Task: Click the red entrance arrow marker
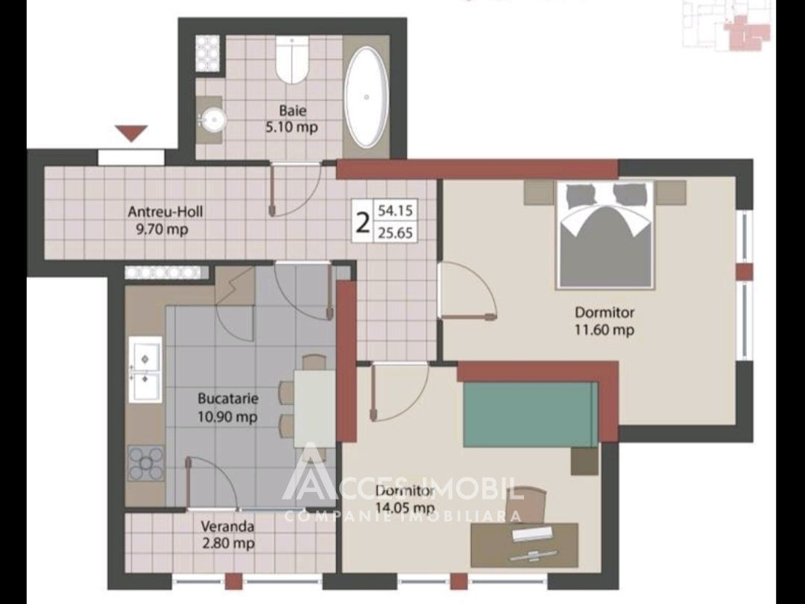click(131, 133)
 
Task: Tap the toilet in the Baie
click(291, 60)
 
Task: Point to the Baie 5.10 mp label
click(291, 118)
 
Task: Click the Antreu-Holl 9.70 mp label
click(165, 220)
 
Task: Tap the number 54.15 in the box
click(395, 210)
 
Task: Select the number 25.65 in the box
click(395, 233)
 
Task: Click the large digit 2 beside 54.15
click(363, 222)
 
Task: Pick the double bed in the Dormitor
click(606, 233)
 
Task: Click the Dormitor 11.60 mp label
click(604, 321)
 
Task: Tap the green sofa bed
click(531, 415)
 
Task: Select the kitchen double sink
click(145, 369)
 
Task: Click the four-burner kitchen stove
click(146, 463)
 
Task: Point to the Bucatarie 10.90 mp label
click(227, 407)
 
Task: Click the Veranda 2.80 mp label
click(227, 534)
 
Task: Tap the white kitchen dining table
click(315, 409)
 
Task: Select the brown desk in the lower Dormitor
click(524, 545)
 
